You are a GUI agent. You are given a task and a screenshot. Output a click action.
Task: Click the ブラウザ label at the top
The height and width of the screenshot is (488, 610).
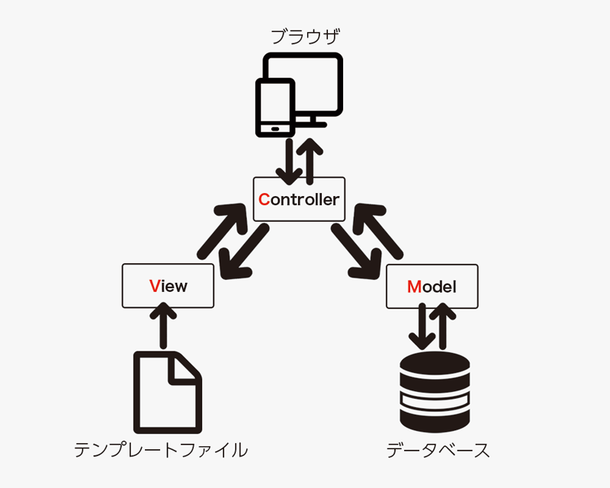305,36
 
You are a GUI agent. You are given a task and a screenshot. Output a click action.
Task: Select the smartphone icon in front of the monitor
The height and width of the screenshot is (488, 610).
275,108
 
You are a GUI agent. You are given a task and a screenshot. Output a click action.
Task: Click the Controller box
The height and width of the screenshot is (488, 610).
299,199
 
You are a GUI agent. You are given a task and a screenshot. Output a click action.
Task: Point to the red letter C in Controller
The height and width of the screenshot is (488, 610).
264,200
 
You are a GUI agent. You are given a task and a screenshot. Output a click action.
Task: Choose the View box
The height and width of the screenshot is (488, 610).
168,286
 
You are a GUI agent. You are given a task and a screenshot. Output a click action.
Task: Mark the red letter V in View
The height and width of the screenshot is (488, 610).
154,287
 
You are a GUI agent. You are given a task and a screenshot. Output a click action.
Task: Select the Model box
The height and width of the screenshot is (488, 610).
432,286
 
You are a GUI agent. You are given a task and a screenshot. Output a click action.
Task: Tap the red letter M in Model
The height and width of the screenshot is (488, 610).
413,287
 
